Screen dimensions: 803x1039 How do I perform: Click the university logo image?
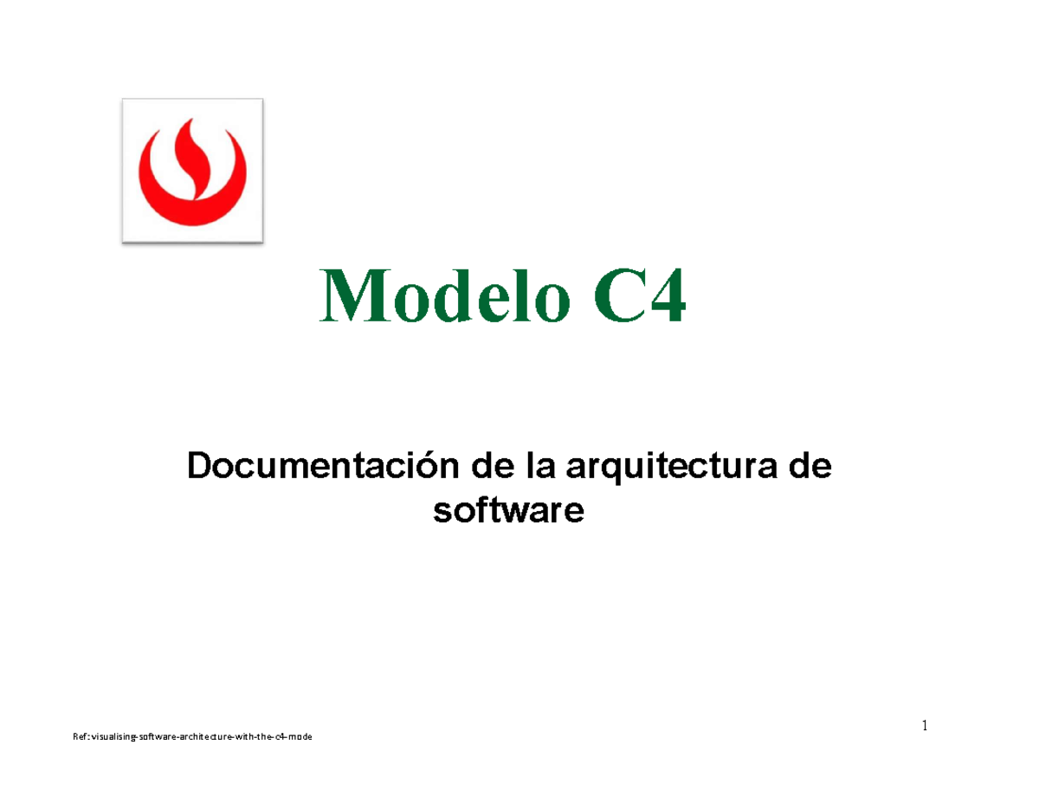coord(192,171)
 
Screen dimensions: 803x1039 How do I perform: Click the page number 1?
coord(924,726)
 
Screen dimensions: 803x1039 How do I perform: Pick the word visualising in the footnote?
coord(108,736)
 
